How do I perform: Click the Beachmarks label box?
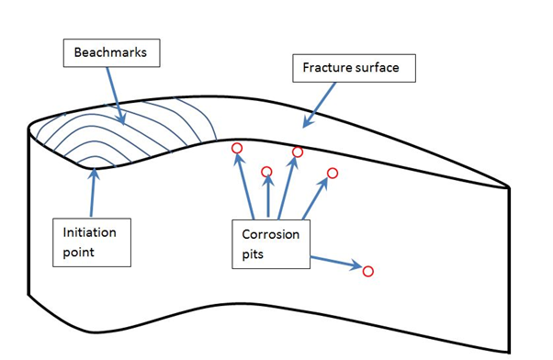click(112, 54)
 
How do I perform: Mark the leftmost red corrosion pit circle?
click(236, 148)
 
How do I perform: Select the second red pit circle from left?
click(267, 171)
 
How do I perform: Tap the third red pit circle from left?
click(297, 152)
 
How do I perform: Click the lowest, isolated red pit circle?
click(367, 271)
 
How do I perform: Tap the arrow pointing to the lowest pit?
click(335, 263)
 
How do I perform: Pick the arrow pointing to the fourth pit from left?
click(315, 197)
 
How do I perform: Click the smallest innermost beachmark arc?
click(89, 161)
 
